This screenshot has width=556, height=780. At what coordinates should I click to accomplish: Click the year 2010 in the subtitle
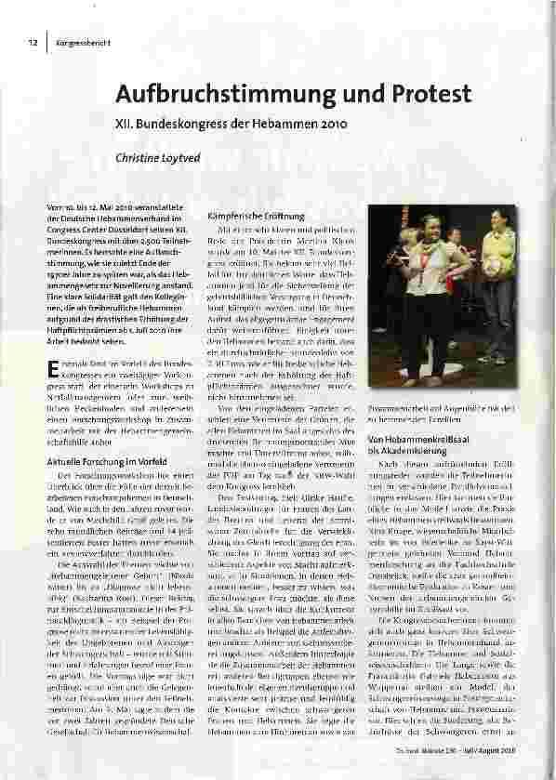coord(330,122)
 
